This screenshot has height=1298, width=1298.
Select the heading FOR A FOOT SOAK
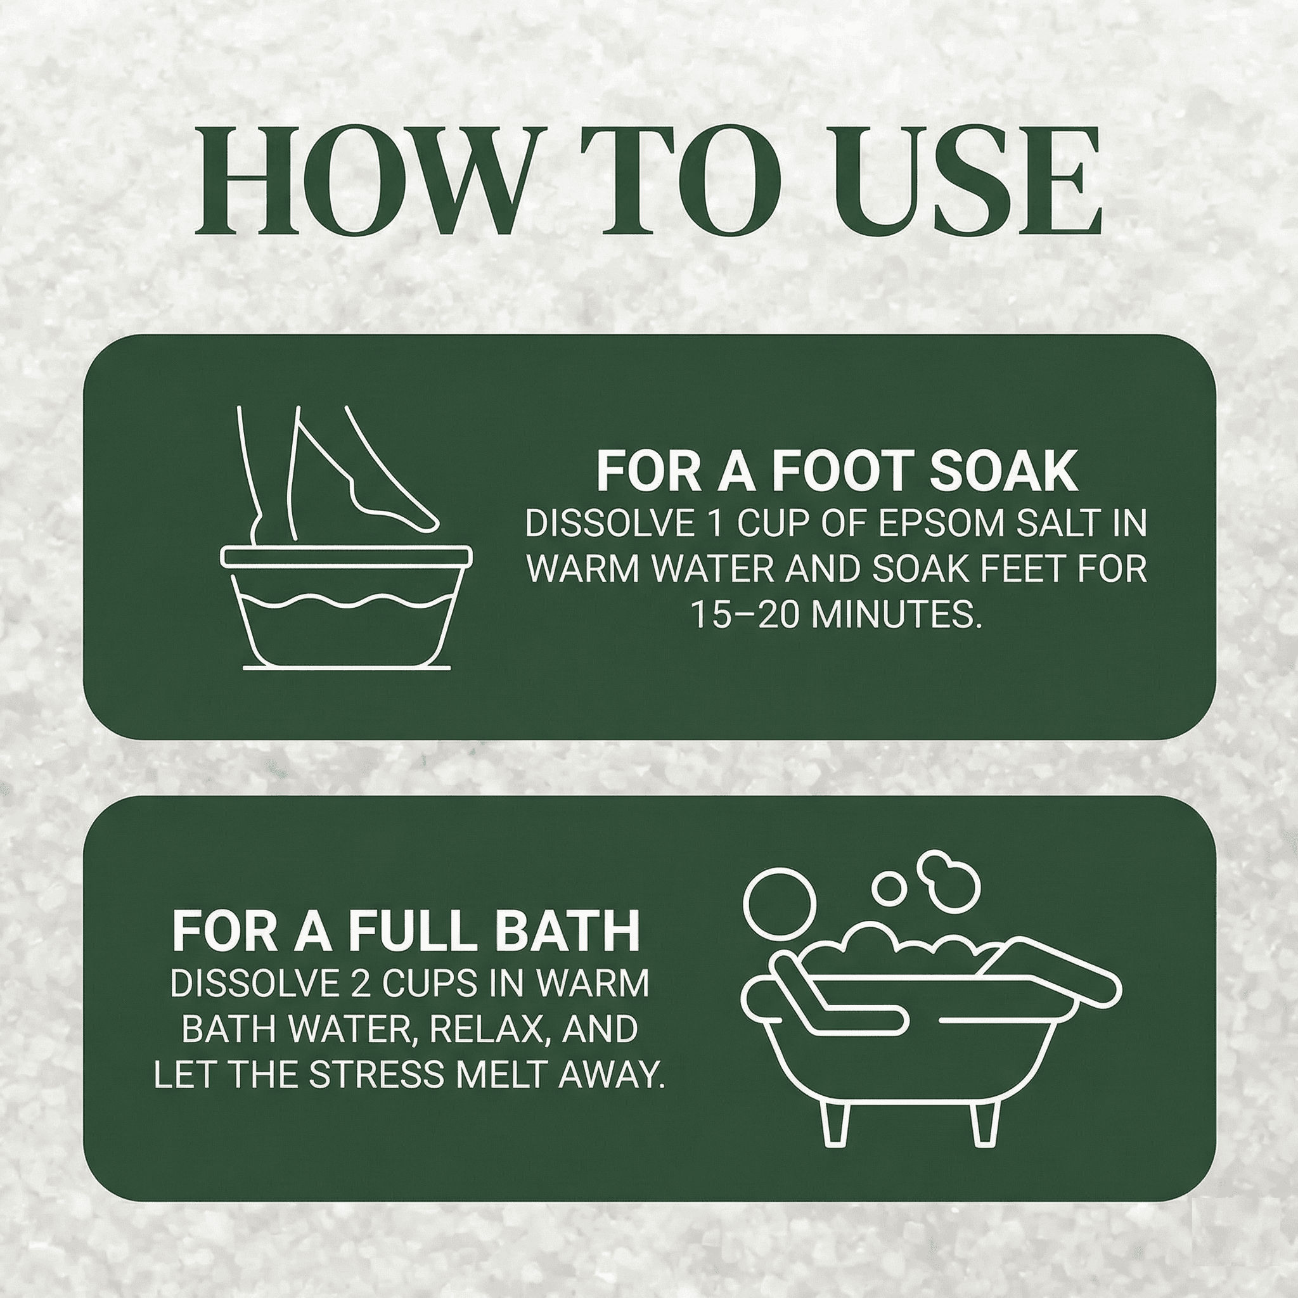tap(837, 472)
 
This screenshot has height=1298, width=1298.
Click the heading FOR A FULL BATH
tap(406, 931)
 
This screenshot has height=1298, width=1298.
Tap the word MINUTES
tap(896, 614)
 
